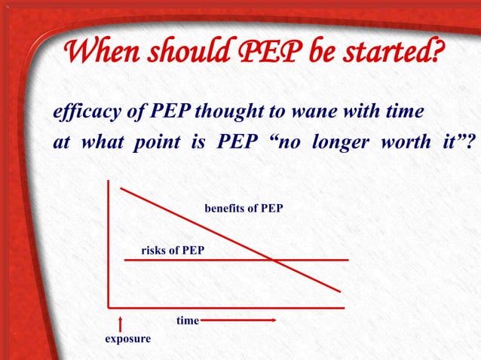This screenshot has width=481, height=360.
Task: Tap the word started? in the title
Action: (384, 53)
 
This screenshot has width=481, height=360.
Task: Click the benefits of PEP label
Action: (244, 208)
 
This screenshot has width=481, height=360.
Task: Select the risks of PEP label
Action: (173, 249)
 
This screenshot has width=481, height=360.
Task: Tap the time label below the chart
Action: (187, 321)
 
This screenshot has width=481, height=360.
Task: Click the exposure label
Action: (127, 339)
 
